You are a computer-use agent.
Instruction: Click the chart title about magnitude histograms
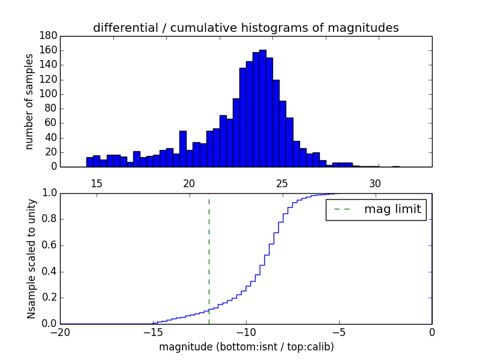(245, 28)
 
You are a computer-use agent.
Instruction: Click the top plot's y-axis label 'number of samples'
(29, 101)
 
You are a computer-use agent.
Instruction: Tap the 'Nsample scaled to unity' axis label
(31, 259)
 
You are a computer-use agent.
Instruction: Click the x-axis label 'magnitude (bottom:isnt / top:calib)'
(246, 347)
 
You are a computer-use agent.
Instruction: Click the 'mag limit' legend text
(392, 209)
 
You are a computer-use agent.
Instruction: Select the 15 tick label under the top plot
(96, 183)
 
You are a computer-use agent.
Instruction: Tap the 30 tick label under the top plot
(375, 183)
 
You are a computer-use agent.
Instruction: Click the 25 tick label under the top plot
(282, 183)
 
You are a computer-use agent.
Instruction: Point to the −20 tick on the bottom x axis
(60, 332)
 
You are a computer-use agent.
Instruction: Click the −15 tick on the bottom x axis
(153, 332)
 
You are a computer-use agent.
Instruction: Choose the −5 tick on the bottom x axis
(339, 332)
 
